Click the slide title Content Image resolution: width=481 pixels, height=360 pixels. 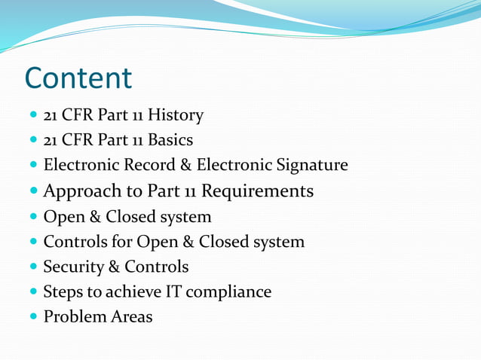pos(78,78)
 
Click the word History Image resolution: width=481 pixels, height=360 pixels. pos(176,115)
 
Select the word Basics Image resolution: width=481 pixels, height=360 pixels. pos(170,140)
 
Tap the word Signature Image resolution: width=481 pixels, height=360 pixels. pos(311,165)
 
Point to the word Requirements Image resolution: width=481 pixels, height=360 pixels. pos(262,191)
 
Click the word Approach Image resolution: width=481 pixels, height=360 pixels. pos(78,191)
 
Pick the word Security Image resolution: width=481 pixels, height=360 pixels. pos(74,267)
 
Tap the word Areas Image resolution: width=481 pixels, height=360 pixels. pos(131,317)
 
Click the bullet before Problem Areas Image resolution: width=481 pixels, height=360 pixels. pos(33,317)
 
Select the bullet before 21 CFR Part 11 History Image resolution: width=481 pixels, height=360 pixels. pos(33,116)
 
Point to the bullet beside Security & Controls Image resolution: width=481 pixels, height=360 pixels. pos(33,267)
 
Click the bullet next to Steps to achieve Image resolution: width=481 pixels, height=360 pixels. pos(33,292)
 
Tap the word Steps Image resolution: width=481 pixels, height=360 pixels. pos(63,291)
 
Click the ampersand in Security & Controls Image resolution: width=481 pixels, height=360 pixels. pos(115,267)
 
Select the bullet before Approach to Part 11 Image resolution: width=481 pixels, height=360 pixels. pos(33,192)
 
